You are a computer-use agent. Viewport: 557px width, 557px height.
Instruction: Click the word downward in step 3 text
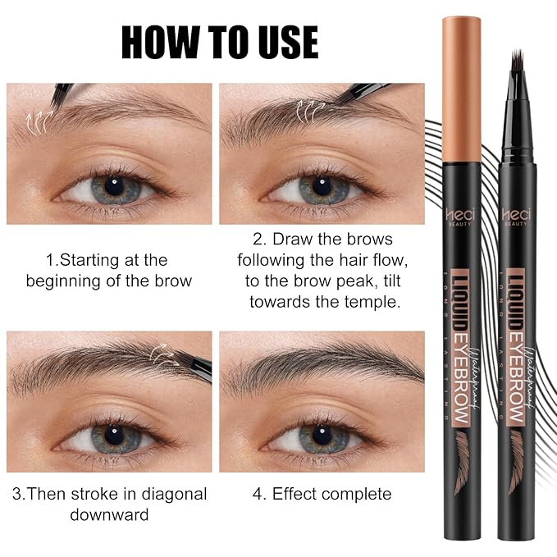(x=109, y=515)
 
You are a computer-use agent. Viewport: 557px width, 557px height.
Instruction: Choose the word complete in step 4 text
(x=357, y=494)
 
